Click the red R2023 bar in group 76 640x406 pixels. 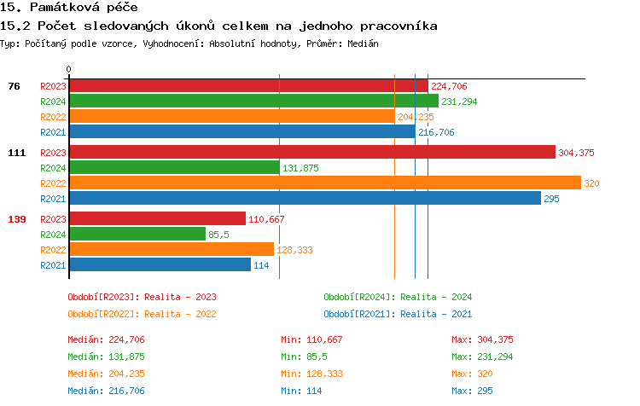pyautogui.click(x=248, y=85)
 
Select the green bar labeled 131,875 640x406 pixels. pyautogui.click(x=174, y=168)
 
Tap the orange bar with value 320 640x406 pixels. pyautogui.click(x=324, y=183)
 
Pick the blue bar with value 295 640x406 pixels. pyautogui.click(x=305, y=199)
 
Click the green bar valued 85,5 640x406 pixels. pyautogui.click(x=137, y=234)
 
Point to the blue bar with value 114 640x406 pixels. pyautogui.click(x=160, y=264)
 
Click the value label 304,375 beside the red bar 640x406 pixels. pyautogui.click(x=576, y=153)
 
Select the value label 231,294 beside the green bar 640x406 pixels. pyautogui.click(x=459, y=101)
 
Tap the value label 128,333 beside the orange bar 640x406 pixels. pyautogui.click(x=294, y=250)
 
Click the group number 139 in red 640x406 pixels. pyautogui.click(x=17, y=219)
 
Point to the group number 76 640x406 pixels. pyautogui.click(x=14, y=86)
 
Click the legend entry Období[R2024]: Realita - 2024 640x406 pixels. pyautogui.click(x=398, y=297)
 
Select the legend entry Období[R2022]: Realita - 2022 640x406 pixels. pyautogui.click(x=142, y=313)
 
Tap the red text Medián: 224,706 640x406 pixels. pyautogui.click(x=107, y=339)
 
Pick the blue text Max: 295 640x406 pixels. pyautogui.click(x=472, y=391)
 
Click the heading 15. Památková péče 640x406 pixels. pyautogui.click(x=69, y=8)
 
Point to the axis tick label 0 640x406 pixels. pyautogui.click(x=69, y=70)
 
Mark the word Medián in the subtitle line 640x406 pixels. pyautogui.click(x=363, y=43)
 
